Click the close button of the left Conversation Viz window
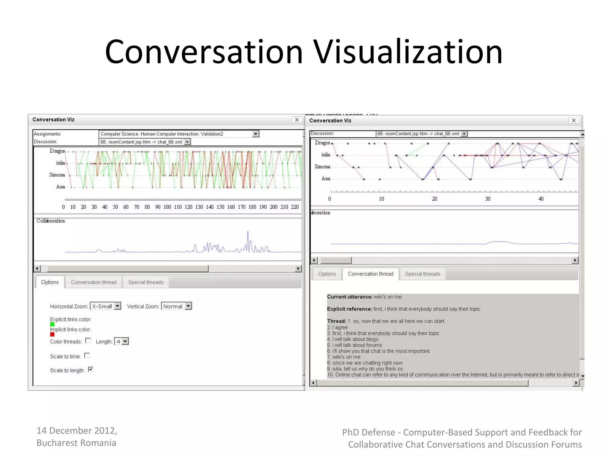coord(296,120)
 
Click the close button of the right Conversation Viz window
coord(574,120)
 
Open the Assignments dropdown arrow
coord(255,134)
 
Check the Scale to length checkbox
coord(91,370)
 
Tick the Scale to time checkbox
coord(87,356)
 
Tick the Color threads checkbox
coord(88,341)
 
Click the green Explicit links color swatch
coord(52,324)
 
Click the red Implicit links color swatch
coord(52,334)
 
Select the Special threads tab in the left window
coord(146,282)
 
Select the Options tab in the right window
coord(327,274)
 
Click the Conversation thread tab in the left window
coord(94,282)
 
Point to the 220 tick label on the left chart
coord(295,207)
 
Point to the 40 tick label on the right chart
coord(541,199)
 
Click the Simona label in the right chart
coord(322,167)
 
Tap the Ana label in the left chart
coord(61,187)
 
